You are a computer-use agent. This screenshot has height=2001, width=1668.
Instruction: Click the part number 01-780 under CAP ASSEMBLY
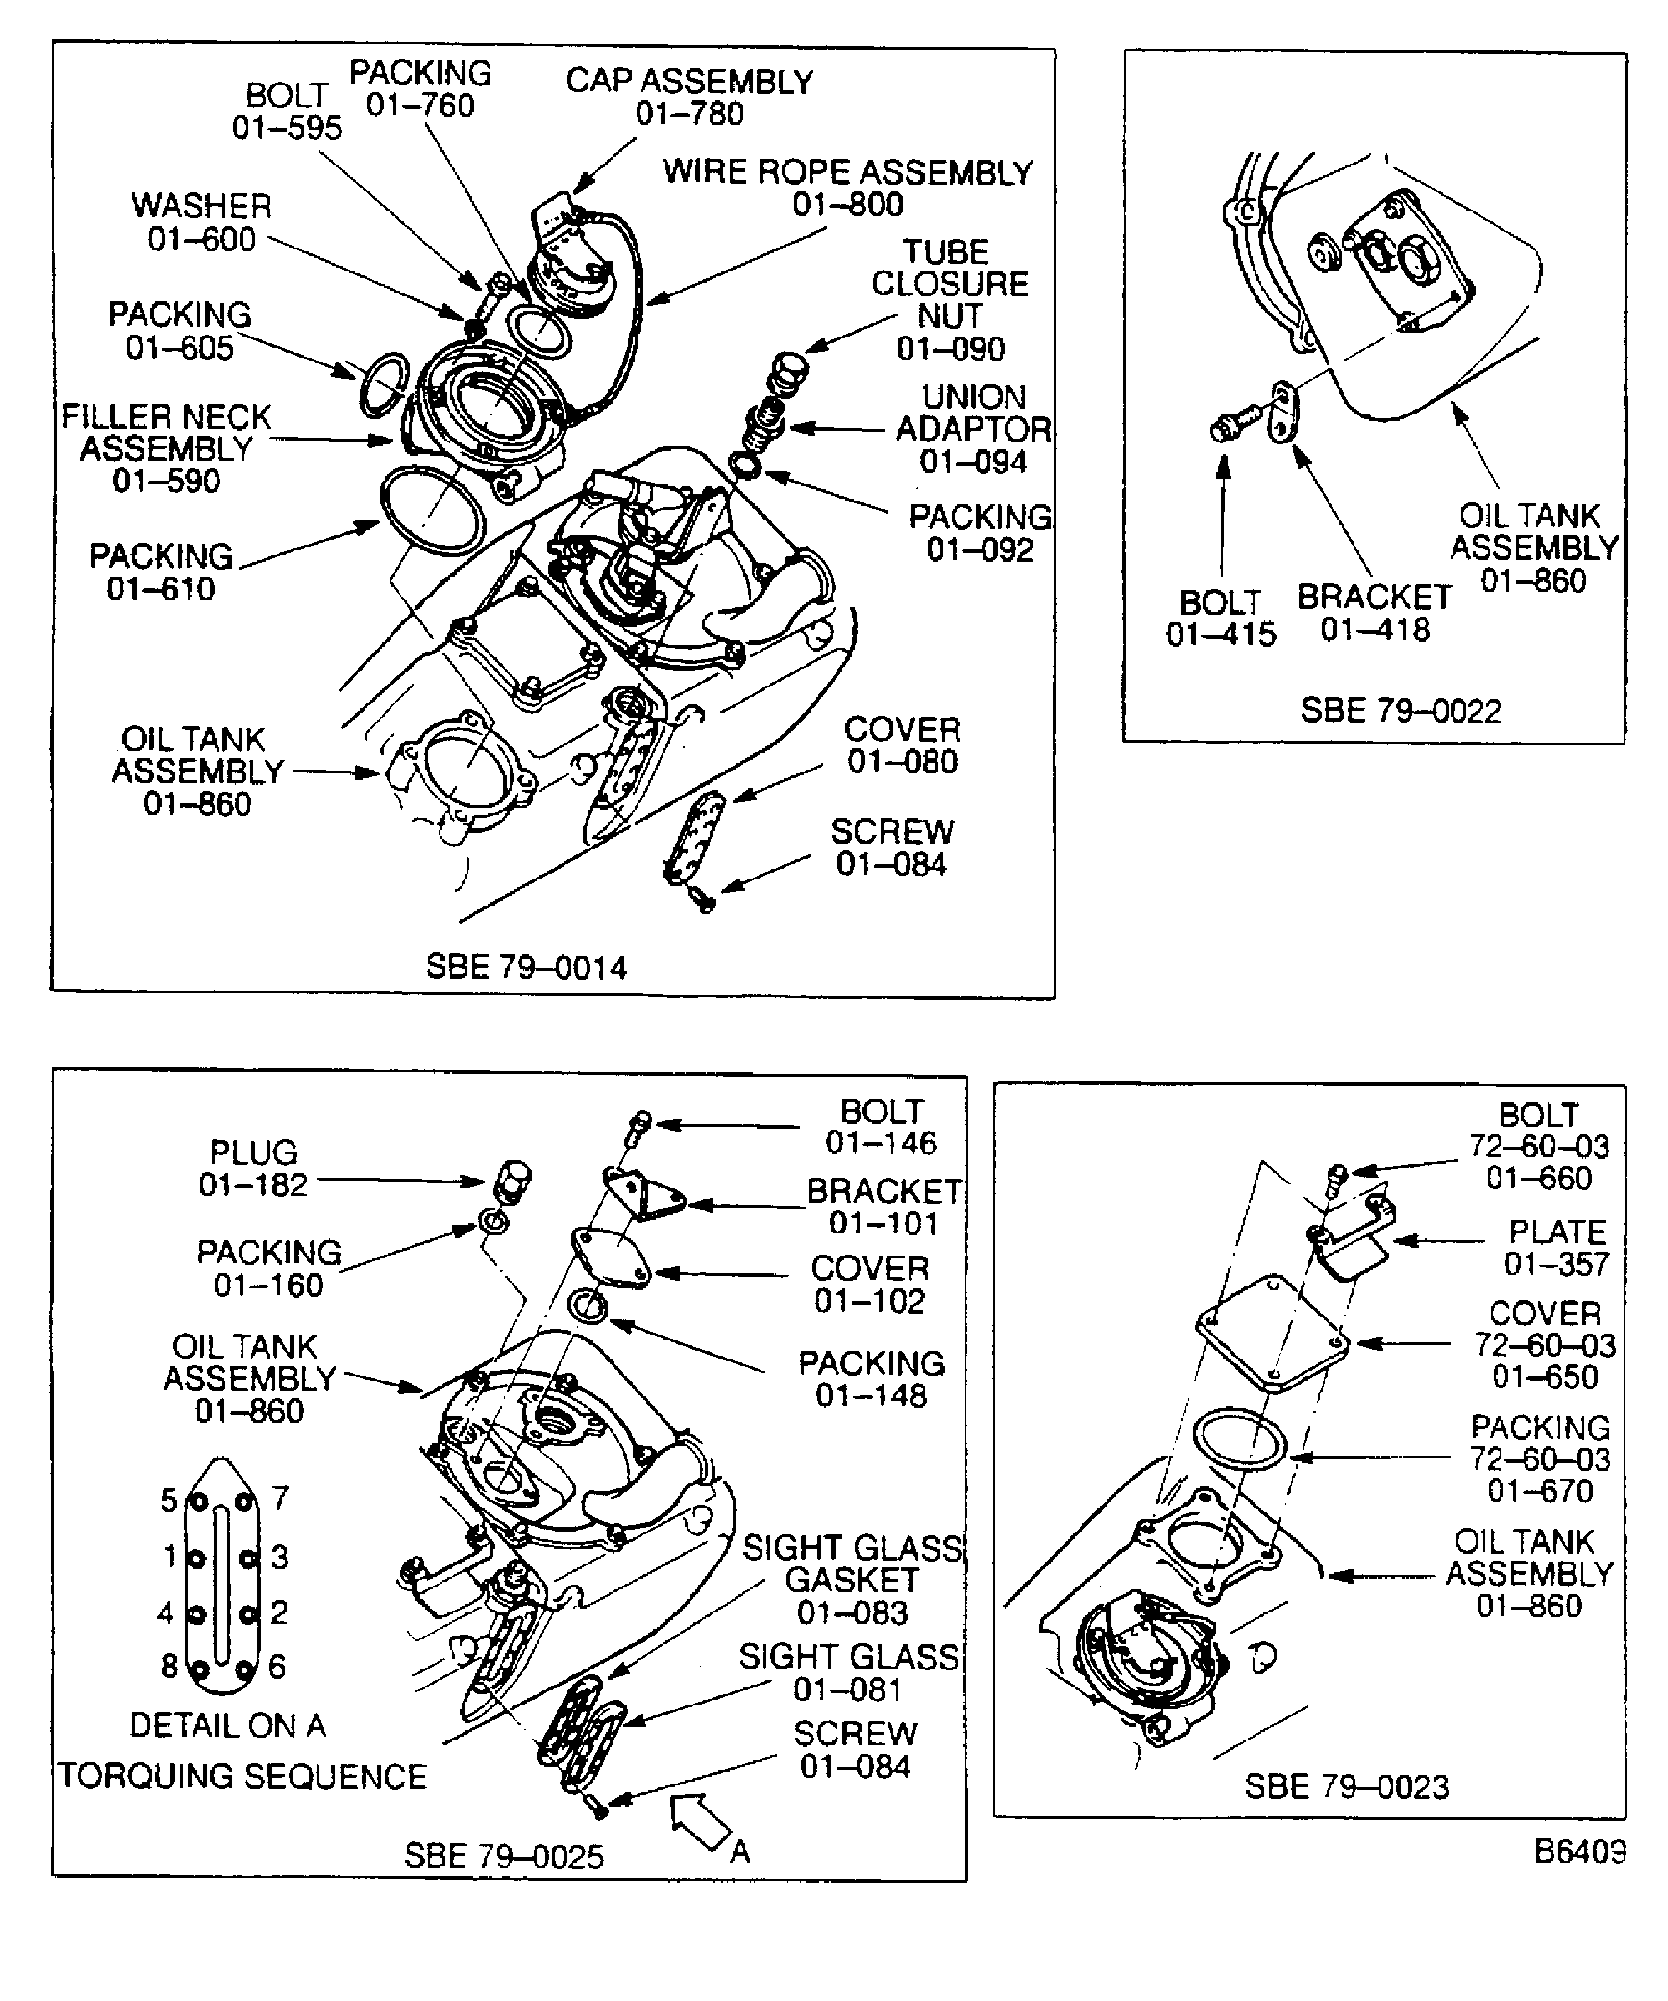click(689, 114)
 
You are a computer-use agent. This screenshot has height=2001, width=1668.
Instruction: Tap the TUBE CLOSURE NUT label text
click(949, 284)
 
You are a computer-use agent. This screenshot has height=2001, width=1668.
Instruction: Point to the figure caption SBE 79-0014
click(526, 967)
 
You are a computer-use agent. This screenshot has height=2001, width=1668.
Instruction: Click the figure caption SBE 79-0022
click(1401, 711)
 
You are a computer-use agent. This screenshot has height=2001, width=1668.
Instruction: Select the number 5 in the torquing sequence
click(168, 1501)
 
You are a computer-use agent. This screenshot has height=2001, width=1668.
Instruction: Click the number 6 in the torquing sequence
click(277, 1666)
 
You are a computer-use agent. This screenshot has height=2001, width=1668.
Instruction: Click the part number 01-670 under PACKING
click(1540, 1490)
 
